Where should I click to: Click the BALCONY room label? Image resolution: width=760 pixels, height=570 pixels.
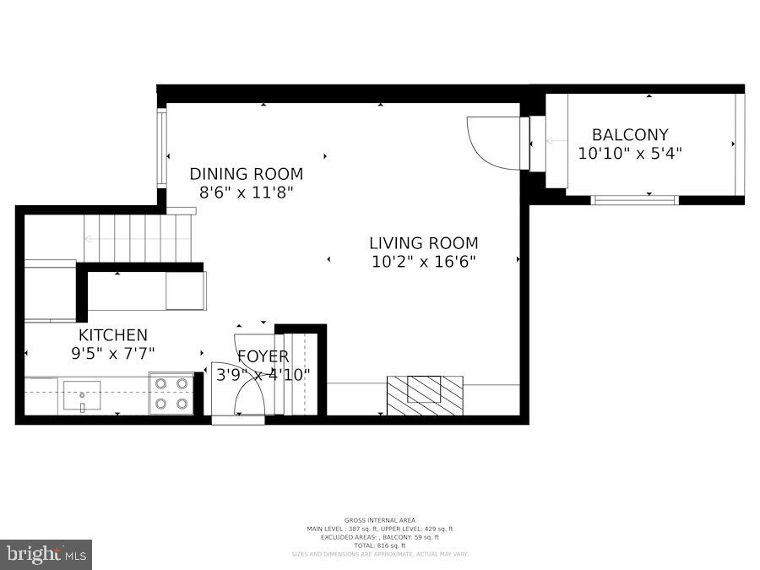[629, 134]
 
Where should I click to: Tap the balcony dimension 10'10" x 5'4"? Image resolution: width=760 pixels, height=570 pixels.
[629, 154]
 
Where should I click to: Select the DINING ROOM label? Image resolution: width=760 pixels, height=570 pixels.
[246, 174]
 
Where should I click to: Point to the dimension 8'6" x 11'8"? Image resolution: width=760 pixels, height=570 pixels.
[246, 193]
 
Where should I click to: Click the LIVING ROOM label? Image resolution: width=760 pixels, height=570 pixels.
[423, 243]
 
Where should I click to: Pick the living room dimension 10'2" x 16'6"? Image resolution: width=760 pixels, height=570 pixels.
[423, 262]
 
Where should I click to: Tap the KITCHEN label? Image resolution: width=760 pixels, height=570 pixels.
[112, 335]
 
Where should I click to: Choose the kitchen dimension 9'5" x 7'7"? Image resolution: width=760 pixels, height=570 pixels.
[112, 354]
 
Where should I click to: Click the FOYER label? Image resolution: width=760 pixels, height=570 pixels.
[263, 356]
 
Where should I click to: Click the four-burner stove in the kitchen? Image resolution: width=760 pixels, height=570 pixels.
[171, 394]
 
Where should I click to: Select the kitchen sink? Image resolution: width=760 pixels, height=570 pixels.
[82, 394]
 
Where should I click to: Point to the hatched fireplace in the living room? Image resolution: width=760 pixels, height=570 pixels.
[424, 394]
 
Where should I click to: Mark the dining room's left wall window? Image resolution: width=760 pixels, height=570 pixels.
[160, 148]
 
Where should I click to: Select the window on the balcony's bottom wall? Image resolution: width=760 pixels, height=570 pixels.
[634, 200]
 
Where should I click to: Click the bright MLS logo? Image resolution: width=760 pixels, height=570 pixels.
[46, 555]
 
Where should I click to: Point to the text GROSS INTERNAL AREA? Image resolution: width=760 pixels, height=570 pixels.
[379, 520]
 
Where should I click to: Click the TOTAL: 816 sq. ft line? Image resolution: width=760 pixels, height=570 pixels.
[379, 546]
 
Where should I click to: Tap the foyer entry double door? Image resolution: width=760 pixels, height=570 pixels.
[238, 390]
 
